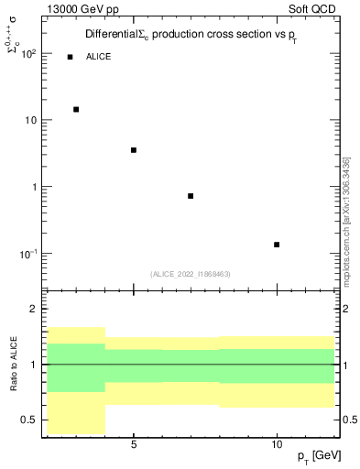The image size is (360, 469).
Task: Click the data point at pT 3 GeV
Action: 76,109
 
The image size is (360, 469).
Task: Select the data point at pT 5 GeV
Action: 134,150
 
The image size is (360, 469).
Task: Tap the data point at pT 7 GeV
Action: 191,196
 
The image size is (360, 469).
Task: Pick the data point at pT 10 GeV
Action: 277,245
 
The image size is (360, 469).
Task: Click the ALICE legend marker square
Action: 70,57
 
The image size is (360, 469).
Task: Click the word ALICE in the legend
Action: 99,57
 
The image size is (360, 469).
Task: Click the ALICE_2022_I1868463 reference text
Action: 191,274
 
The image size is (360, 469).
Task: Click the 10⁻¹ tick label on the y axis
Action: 27,254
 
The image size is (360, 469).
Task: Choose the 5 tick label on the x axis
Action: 134,444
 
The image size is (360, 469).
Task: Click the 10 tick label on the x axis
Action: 277,444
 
